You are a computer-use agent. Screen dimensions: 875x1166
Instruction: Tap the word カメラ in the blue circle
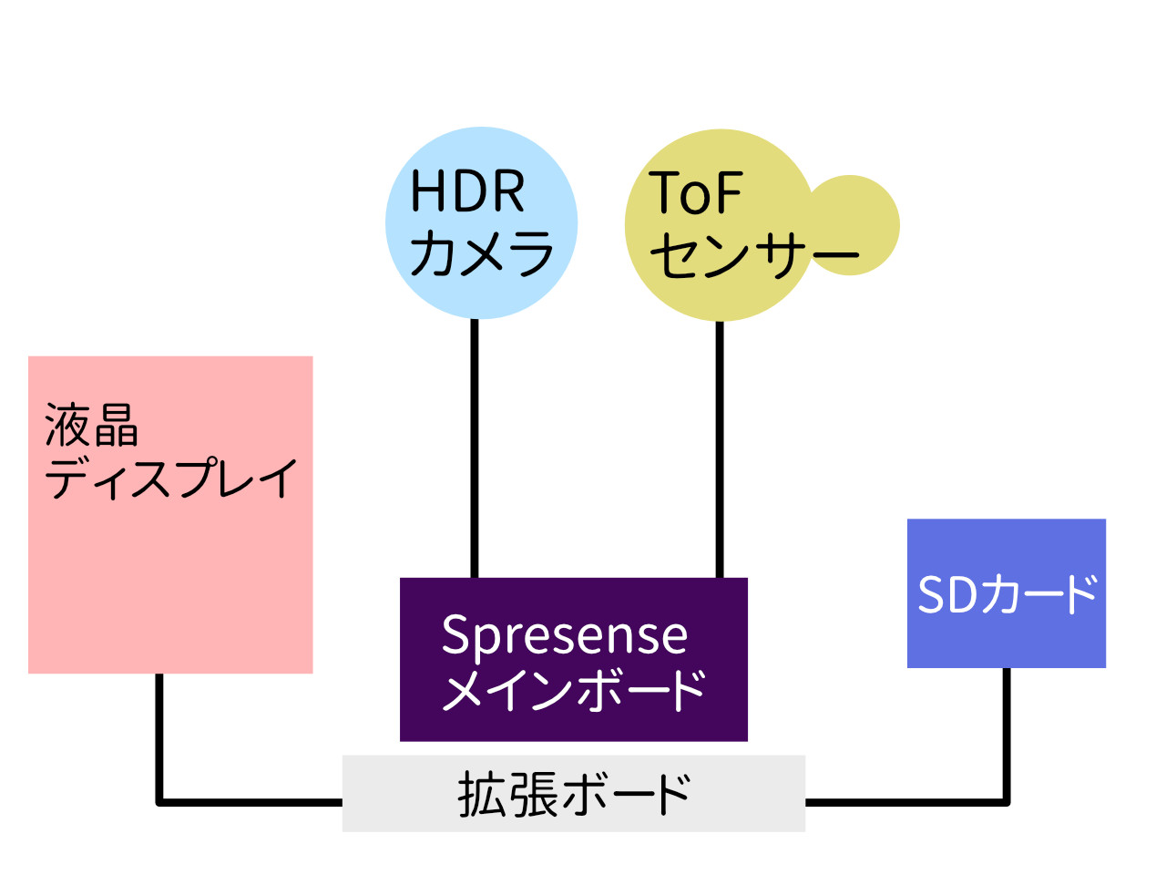coord(482,252)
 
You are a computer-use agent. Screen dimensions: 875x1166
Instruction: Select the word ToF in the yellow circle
coord(696,193)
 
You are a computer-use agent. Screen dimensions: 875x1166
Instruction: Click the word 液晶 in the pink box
coord(91,426)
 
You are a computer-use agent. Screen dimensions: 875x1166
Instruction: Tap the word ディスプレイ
coord(171,479)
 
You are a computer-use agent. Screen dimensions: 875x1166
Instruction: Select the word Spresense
coord(564,635)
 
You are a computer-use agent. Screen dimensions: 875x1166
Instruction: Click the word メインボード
coord(574,690)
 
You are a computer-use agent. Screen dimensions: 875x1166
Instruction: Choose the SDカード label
coord(1007,594)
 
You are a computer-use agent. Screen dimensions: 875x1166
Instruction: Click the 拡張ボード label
coord(574,794)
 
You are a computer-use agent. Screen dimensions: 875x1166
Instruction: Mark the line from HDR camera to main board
coord(475,447)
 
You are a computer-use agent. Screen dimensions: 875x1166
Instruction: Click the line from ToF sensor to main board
coord(720,447)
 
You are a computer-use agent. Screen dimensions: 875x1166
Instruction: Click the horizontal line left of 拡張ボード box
coord(251,802)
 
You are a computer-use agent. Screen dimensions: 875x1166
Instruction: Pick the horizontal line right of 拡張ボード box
coord(906,802)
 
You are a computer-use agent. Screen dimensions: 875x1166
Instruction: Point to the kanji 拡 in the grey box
coord(481,794)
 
